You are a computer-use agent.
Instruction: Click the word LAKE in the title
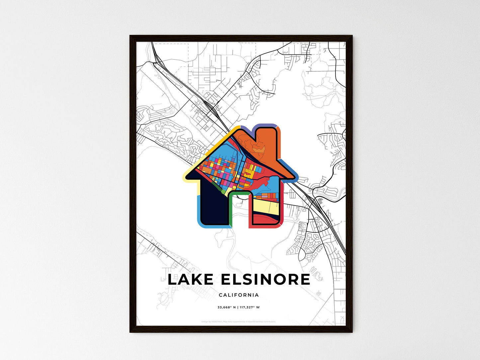click(x=191, y=280)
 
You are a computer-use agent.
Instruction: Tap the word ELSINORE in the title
click(x=265, y=280)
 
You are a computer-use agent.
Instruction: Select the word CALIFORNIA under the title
click(x=239, y=295)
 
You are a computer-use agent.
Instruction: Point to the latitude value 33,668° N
click(x=226, y=307)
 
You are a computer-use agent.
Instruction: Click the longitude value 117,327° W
click(x=249, y=307)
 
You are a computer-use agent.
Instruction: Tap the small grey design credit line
click(x=239, y=321)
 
